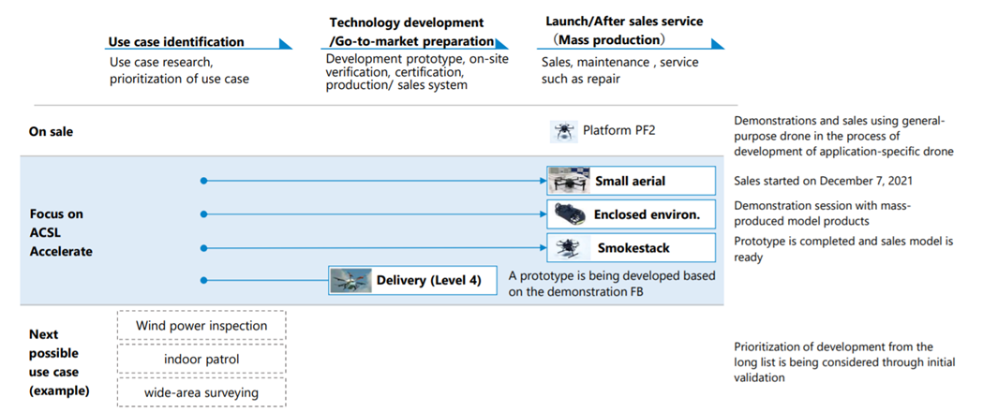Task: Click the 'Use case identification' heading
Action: click(176, 42)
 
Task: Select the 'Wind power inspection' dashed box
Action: click(201, 326)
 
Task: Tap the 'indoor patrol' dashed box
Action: click(201, 360)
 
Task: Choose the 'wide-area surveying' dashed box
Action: click(201, 393)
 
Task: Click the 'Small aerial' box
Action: click(631, 181)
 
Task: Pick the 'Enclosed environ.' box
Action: click(631, 214)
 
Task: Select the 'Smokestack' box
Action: click(631, 248)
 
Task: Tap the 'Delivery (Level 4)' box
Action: click(413, 280)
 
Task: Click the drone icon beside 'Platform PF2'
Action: click(563, 131)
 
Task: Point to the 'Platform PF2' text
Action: click(619, 131)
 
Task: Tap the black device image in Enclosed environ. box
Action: click(570, 214)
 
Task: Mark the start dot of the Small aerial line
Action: click(203, 181)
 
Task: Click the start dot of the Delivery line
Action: click(203, 280)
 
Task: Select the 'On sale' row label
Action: click(52, 132)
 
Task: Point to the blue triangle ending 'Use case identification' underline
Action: click(285, 43)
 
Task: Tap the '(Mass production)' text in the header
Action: click(608, 39)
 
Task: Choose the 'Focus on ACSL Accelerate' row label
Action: click(61, 232)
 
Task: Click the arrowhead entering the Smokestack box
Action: click(543, 248)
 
